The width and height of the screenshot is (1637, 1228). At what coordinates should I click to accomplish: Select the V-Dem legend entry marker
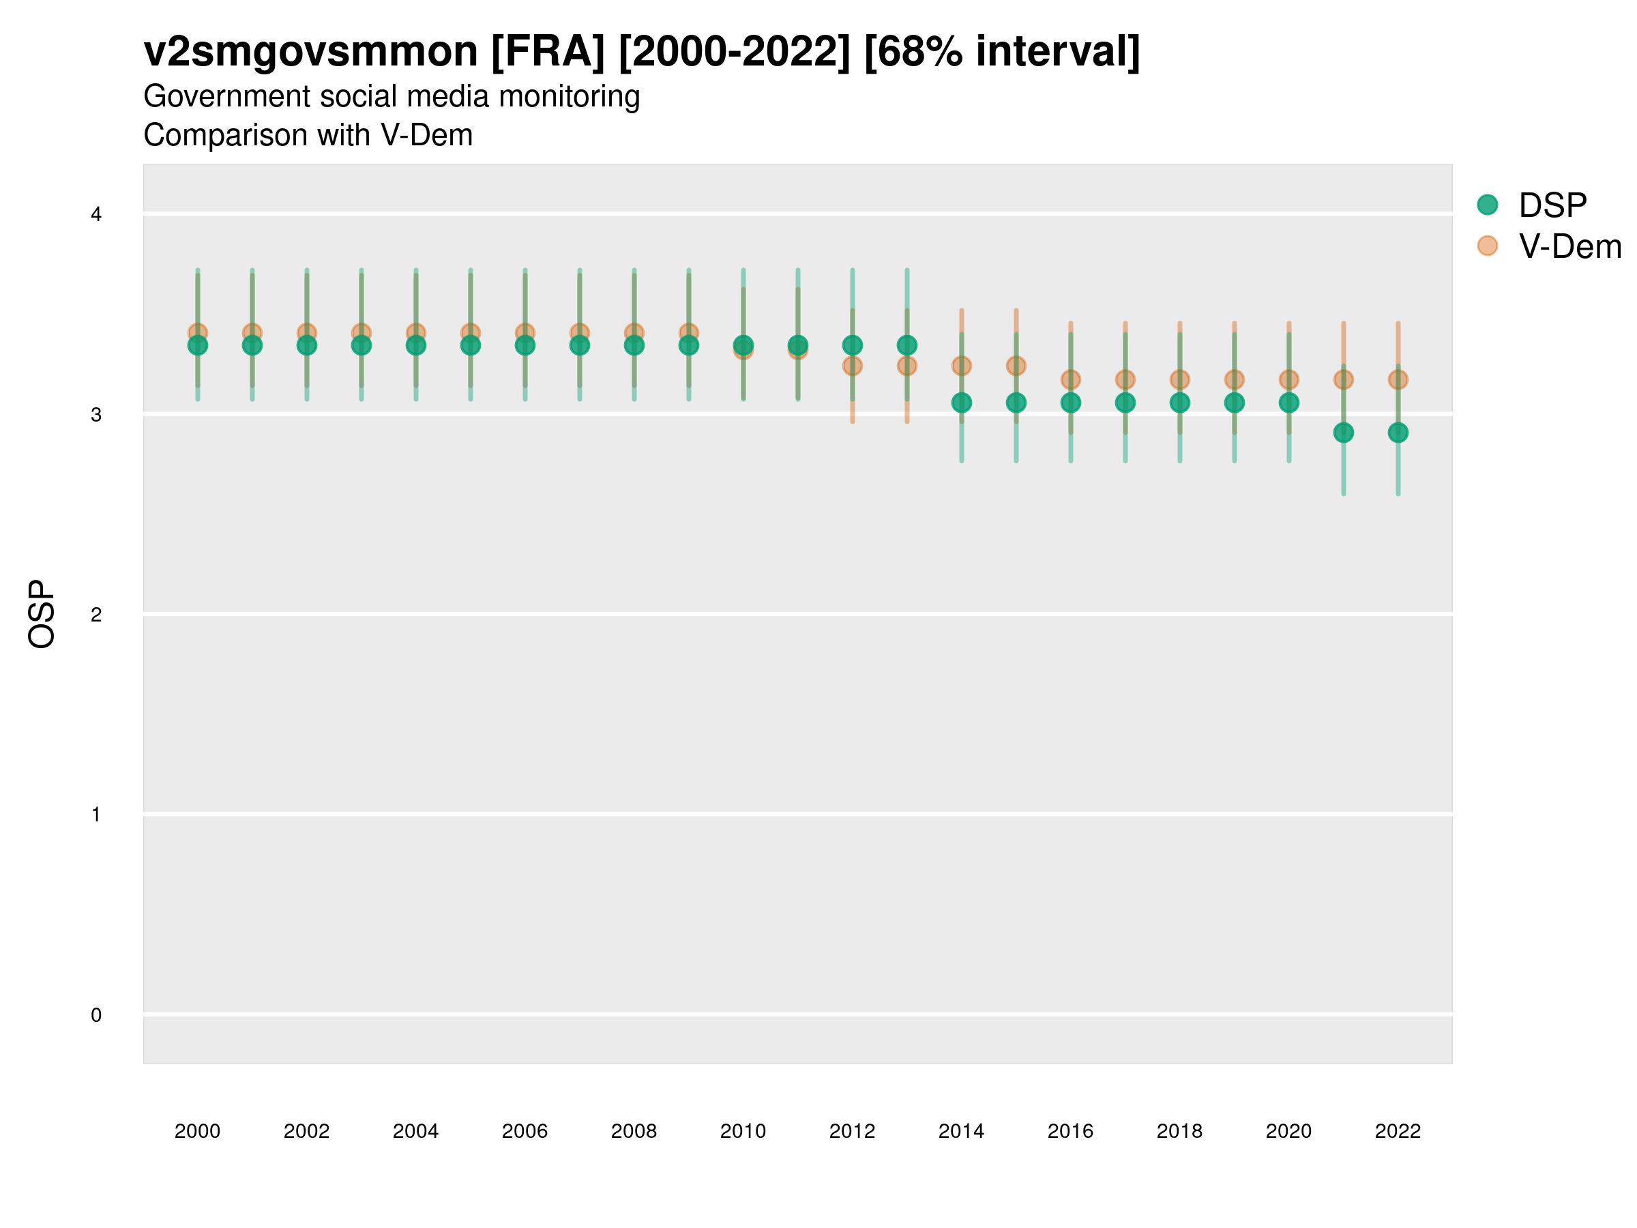1488,246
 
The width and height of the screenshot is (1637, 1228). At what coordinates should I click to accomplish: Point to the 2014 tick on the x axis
961,1131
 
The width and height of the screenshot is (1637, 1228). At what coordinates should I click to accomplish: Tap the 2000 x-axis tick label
197,1131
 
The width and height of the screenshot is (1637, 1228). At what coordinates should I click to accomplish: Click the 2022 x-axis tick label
1398,1131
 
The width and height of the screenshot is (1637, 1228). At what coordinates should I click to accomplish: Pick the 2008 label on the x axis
634,1131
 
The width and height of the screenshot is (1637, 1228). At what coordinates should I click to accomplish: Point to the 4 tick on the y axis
96,215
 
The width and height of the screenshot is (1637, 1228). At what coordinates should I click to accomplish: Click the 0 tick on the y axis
96,1015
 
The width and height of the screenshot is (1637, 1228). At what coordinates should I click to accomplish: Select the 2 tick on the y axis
96,615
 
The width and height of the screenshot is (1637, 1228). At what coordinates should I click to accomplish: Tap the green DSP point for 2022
1398,433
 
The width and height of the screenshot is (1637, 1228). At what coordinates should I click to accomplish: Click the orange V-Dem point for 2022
1398,380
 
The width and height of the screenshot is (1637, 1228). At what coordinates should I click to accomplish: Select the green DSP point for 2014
961,403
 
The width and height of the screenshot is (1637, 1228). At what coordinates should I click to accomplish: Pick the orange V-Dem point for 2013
906,366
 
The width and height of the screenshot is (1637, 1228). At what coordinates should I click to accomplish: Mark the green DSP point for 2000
198,346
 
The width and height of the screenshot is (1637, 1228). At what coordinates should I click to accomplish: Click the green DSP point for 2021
1343,433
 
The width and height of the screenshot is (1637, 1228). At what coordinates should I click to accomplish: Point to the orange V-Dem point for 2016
1071,380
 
